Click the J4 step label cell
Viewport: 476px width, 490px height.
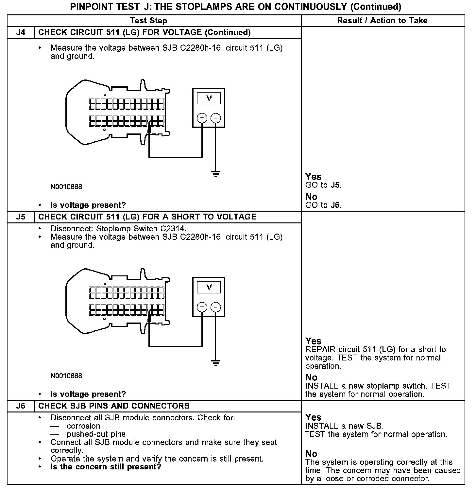coord(21,32)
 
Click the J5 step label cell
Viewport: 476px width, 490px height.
coord(21,217)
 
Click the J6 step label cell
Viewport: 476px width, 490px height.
coord(21,406)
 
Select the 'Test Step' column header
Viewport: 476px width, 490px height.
coord(148,21)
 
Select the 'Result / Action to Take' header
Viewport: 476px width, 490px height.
coord(382,21)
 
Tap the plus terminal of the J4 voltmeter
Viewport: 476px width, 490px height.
coord(202,118)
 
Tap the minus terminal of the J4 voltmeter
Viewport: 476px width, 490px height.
coord(215,118)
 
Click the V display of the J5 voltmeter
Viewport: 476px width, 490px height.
coord(209,287)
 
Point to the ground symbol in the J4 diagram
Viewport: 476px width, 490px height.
coord(215,174)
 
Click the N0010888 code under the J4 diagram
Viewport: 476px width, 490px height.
coord(66,187)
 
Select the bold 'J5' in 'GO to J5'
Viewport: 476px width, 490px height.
coord(335,185)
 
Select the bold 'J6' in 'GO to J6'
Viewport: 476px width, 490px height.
coord(335,205)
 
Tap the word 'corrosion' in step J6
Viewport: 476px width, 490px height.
coord(83,426)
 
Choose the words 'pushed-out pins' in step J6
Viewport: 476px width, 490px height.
coord(96,434)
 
